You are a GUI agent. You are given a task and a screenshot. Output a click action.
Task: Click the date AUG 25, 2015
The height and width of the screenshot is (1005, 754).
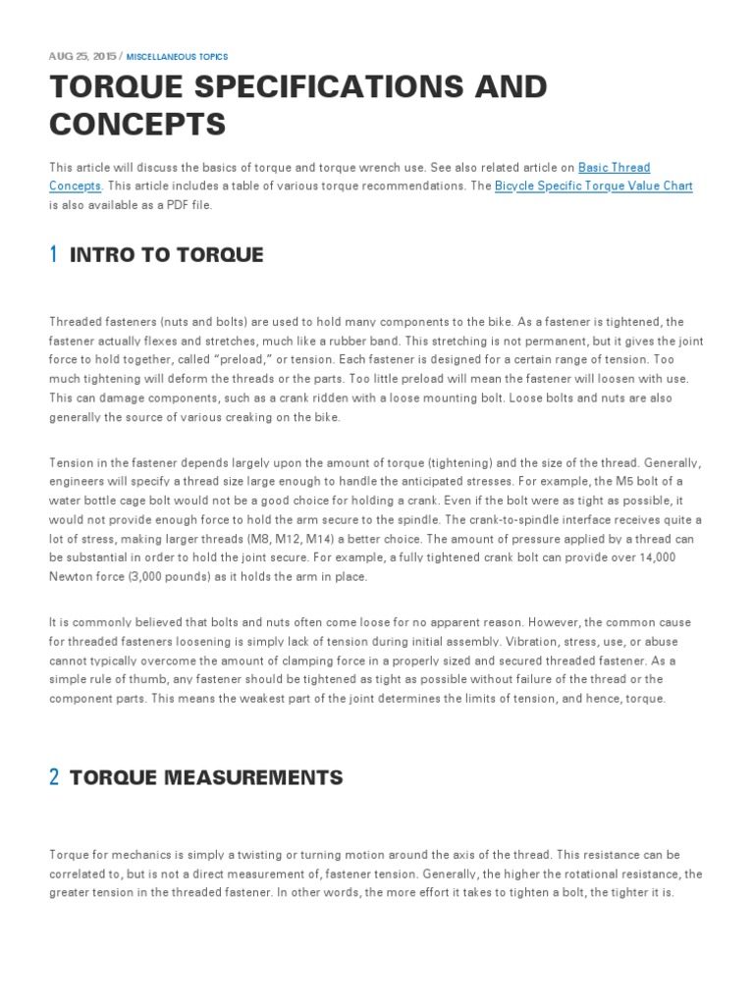pos(81,57)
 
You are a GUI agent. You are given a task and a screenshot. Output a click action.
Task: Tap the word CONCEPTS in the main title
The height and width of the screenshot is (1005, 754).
pos(137,125)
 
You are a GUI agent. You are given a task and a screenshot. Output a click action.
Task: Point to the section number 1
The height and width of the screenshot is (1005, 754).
pos(53,255)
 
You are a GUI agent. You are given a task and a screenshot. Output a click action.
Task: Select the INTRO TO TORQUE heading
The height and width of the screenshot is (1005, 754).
pos(167,255)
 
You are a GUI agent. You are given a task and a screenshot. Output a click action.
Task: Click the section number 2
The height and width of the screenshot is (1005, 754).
pos(54,777)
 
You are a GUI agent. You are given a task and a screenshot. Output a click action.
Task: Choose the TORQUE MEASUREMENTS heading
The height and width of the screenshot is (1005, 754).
pos(206,777)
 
